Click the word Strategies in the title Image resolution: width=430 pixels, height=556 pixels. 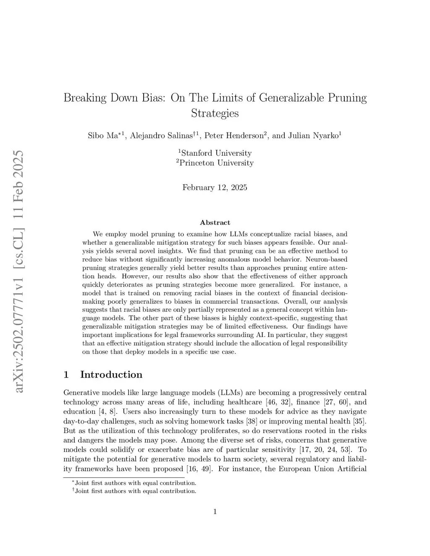(x=215, y=113)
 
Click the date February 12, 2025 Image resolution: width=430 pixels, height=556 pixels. (x=215, y=188)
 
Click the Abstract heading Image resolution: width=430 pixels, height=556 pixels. (x=215, y=222)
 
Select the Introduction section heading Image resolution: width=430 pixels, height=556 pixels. (x=111, y=375)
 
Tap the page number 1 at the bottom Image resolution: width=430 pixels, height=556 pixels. (x=215, y=512)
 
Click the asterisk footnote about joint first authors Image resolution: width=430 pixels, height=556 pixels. (x=135, y=483)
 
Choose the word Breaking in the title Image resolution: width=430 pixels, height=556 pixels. (x=84, y=98)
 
